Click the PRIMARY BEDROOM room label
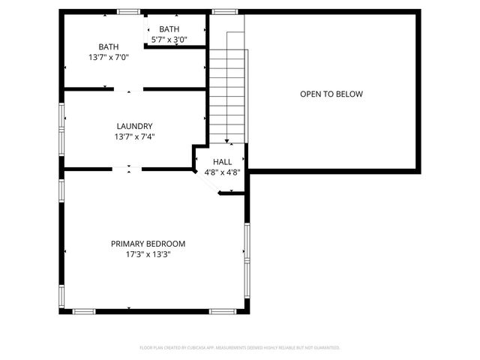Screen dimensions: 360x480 pos(148,244)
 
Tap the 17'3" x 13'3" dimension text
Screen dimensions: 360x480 pos(148,254)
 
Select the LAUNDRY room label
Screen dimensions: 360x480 pos(135,126)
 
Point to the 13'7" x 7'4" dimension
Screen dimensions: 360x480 pos(135,136)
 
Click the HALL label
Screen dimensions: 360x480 pos(222,162)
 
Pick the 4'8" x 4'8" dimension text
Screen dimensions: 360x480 pos(222,172)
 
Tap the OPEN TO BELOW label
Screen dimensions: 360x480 pos(331,94)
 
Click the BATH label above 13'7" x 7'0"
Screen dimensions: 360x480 pos(109,46)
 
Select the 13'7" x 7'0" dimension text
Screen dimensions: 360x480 pos(109,57)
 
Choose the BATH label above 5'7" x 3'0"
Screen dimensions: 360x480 pos(169,29)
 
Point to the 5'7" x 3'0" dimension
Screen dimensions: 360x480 pos(169,40)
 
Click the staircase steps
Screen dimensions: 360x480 pos(226,90)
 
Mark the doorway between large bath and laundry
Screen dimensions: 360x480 pos(128,89)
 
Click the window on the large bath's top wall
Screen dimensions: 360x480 pos(128,11)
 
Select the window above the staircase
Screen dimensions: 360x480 pos(223,11)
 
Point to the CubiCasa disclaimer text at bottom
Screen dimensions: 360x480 pos(240,348)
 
